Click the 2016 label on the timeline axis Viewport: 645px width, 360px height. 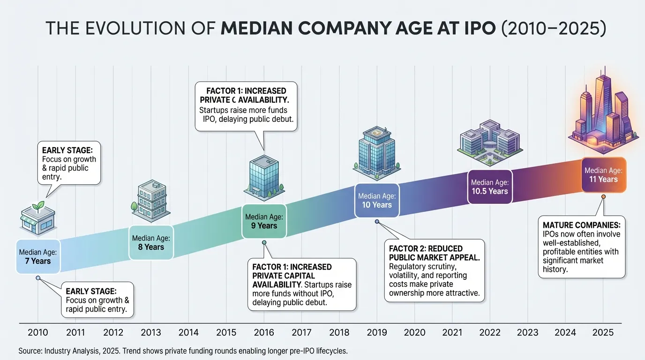(x=264, y=333)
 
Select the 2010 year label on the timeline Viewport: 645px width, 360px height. (x=38, y=333)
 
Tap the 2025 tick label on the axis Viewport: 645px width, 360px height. (x=603, y=333)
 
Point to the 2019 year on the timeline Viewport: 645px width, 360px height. (x=377, y=333)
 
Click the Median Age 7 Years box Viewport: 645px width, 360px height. (x=37, y=256)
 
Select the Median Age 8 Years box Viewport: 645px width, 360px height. (x=151, y=242)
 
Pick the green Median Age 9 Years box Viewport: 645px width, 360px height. (x=264, y=221)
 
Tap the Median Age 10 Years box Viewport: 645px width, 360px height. (x=377, y=201)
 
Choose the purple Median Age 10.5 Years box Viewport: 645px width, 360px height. (x=489, y=187)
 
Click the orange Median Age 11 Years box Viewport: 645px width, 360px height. (x=603, y=174)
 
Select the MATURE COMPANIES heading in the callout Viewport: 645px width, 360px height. (x=581, y=225)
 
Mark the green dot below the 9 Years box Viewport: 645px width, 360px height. (x=264, y=242)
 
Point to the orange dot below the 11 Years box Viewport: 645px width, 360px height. (x=603, y=196)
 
